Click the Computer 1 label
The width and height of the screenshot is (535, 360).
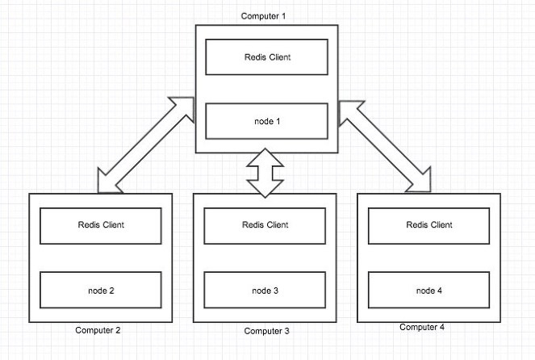[x=263, y=16]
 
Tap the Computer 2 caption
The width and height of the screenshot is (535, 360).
[x=98, y=330]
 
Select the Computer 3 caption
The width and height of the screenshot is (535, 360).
[x=266, y=331]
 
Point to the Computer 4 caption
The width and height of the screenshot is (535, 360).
[x=422, y=327]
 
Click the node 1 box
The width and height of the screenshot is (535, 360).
[x=267, y=121]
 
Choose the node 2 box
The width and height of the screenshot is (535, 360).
[x=101, y=290]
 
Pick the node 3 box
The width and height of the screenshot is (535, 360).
[x=265, y=290]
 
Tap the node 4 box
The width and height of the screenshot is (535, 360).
[x=428, y=290]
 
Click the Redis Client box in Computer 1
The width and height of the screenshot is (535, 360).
[x=267, y=57]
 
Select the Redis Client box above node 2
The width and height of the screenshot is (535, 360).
[x=101, y=226]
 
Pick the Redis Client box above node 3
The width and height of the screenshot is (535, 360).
[x=265, y=226]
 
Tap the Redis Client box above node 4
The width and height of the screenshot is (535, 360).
[x=428, y=226]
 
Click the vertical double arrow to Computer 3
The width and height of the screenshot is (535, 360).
[x=265, y=173]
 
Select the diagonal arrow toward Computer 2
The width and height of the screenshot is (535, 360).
[x=146, y=145]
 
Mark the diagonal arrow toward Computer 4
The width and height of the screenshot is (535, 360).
[x=385, y=146]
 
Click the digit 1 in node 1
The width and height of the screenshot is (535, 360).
[x=278, y=121]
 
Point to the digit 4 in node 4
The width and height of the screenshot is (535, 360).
[x=440, y=291]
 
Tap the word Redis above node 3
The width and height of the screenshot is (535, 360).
[x=251, y=224]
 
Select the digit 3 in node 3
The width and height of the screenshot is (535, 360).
[x=276, y=291]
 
